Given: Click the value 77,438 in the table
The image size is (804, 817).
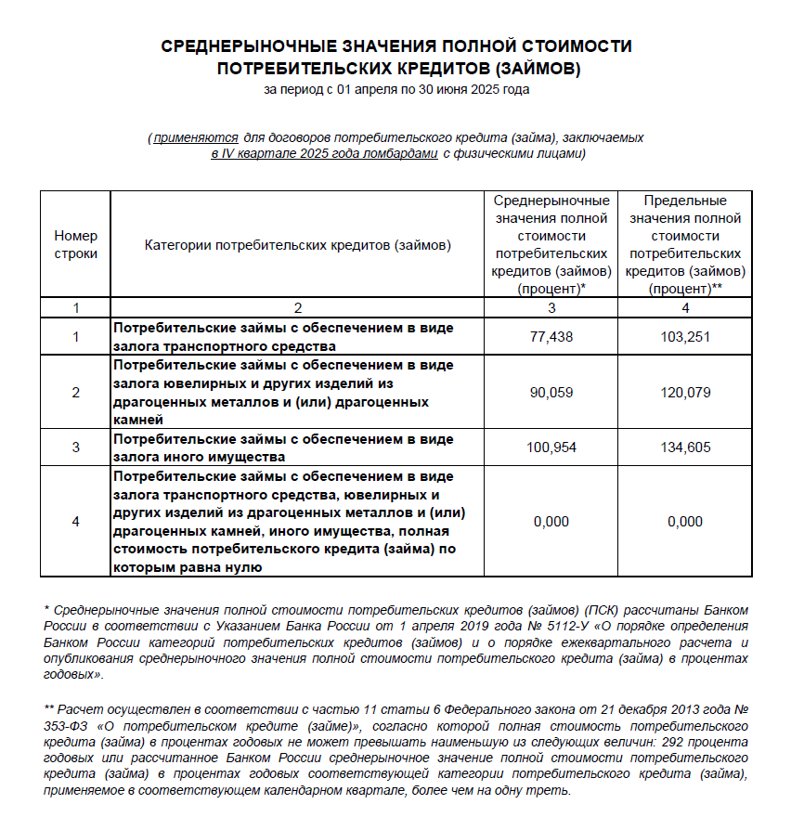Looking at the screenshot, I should coord(551,337).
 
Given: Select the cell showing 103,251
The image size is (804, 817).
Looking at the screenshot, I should coord(685,337).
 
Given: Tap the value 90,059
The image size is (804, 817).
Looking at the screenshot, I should coord(551,393).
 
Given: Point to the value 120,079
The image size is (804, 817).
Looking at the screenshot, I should coord(685,393).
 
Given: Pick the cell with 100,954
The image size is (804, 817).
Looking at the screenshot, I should coord(551,447).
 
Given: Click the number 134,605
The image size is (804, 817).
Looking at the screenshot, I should coord(685,447).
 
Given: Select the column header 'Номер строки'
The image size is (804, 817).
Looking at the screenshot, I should coord(75,245).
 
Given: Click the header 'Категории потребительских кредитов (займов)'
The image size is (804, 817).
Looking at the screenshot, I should coord(297,245).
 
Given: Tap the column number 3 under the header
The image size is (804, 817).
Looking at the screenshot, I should coord(551,307).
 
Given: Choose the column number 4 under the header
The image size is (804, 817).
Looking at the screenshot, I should coord(685,307).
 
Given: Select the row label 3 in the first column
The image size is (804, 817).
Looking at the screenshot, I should coord(75,447).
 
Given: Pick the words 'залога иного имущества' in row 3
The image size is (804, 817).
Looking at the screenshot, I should coord(199,457).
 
